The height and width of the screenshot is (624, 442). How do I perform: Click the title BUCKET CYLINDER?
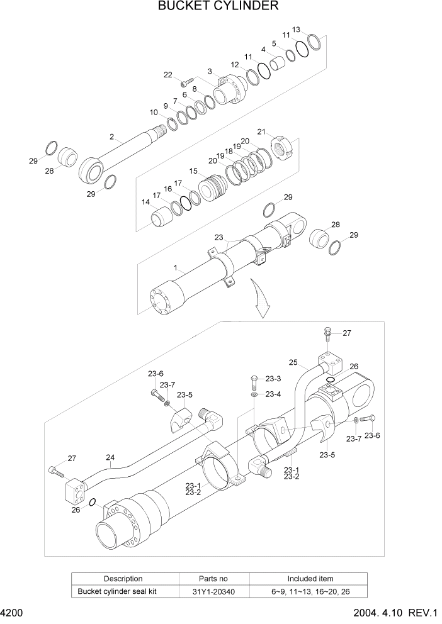click(x=218, y=7)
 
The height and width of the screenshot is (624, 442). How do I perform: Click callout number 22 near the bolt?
click(x=168, y=75)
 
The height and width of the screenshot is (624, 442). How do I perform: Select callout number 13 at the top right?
click(x=297, y=30)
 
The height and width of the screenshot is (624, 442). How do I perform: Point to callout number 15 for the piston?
click(x=193, y=170)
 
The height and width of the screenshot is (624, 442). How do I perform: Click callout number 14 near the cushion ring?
click(x=145, y=203)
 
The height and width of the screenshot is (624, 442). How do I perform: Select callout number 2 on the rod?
click(x=111, y=136)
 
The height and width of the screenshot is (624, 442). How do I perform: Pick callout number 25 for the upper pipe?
click(x=293, y=362)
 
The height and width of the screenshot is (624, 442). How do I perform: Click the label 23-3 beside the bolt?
click(x=273, y=379)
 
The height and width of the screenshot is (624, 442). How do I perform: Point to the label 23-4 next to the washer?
click(x=273, y=394)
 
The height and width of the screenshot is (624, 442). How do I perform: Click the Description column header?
click(x=123, y=578)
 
